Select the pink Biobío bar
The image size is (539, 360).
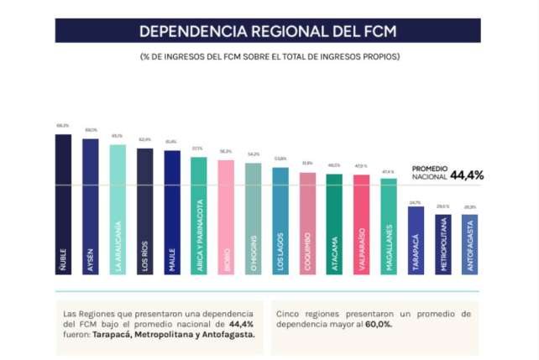click(226, 217)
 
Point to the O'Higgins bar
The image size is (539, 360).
click(253, 219)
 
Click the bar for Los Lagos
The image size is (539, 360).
click(280, 221)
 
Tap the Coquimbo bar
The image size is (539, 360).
click(307, 223)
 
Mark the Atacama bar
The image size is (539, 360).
click(334, 224)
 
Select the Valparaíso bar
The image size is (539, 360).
click(361, 224)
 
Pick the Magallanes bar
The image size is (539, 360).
click(388, 227)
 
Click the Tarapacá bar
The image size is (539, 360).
click(416, 240)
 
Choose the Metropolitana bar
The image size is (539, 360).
click(442, 244)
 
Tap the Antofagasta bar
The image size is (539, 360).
click(469, 244)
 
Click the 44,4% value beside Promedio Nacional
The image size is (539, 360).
click(467, 175)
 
